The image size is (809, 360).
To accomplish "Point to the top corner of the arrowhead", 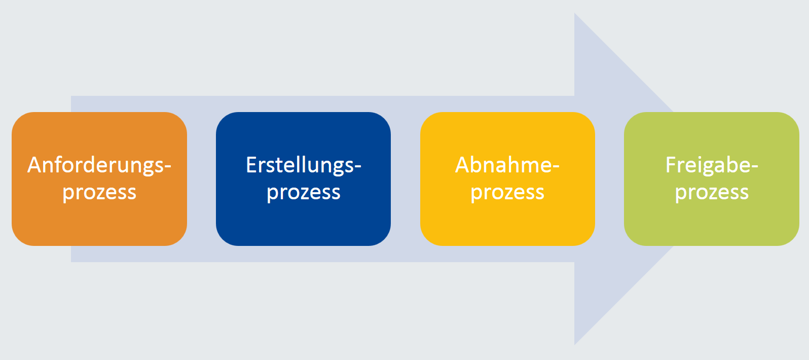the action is pyautogui.click(x=575, y=13).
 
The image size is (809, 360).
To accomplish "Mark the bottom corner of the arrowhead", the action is pyautogui.click(x=575, y=345).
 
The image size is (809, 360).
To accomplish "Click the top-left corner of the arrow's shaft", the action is pyautogui.click(x=71, y=96).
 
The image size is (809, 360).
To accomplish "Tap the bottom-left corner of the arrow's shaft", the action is pyautogui.click(x=71, y=262).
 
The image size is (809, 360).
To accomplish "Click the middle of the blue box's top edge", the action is pyautogui.click(x=303, y=113).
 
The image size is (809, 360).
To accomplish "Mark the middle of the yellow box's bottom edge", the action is pyautogui.click(x=507, y=245).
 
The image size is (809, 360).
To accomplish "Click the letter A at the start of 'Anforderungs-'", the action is pyautogui.click(x=39, y=165).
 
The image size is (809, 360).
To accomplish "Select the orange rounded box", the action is pyautogui.click(x=99, y=179).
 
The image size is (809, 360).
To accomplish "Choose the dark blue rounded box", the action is pyautogui.click(x=303, y=179).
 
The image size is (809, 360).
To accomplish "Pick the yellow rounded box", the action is pyautogui.click(x=507, y=179).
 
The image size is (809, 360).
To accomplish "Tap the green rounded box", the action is pyautogui.click(x=712, y=179).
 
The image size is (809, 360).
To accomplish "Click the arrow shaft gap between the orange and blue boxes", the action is pyautogui.click(x=202, y=179).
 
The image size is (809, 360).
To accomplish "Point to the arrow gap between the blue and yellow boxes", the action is pyautogui.click(x=406, y=179).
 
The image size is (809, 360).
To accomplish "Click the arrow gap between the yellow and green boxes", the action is pyautogui.click(x=610, y=179).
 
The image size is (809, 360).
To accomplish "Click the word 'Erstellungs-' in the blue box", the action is pyautogui.click(x=303, y=166).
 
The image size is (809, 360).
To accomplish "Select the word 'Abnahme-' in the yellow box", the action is pyautogui.click(x=507, y=165).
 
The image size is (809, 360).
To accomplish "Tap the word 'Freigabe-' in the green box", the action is pyautogui.click(x=712, y=166).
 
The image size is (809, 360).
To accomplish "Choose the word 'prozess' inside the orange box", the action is pyautogui.click(x=99, y=193).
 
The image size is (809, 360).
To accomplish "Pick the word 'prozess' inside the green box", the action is pyautogui.click(x=712, y=193).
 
